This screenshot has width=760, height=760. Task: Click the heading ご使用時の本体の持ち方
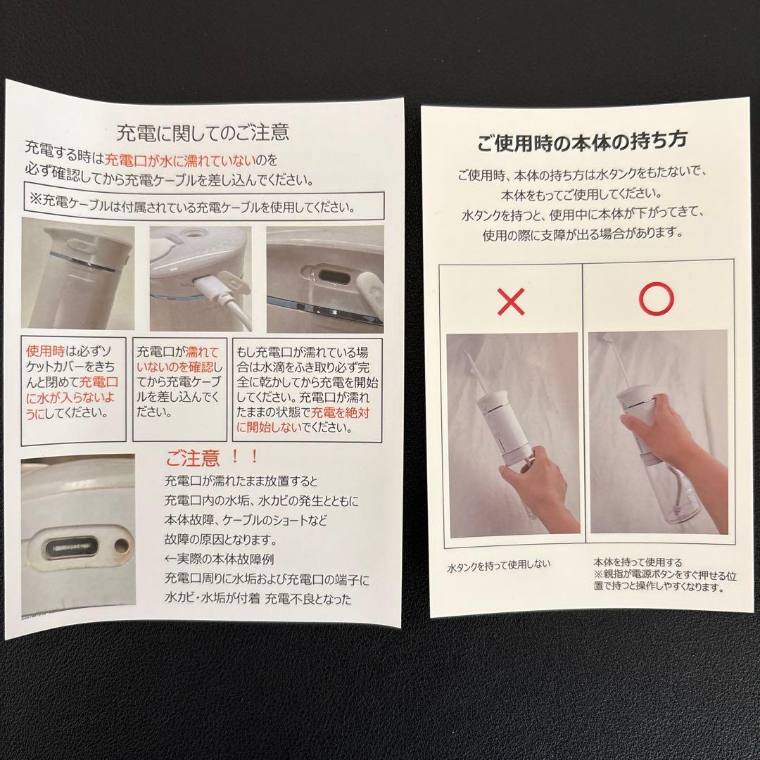[582, 141]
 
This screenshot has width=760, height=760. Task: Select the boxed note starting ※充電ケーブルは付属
[203, 207]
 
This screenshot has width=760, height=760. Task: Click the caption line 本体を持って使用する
[638, 562]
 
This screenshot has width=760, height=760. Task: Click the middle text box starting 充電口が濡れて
[179, 381]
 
